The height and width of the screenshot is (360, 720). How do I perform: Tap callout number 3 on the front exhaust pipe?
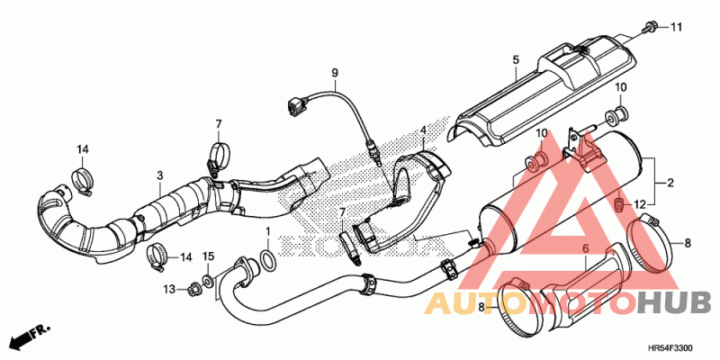pos(159,175)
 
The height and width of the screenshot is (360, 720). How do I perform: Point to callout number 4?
pos(422,130)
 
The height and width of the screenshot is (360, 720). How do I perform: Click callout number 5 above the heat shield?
pos(516,60)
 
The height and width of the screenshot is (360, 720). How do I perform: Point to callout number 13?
pos(169,288)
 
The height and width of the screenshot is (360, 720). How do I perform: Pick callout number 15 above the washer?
pos(208,257)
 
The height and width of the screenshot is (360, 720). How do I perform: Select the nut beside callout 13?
pos(192,289)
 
